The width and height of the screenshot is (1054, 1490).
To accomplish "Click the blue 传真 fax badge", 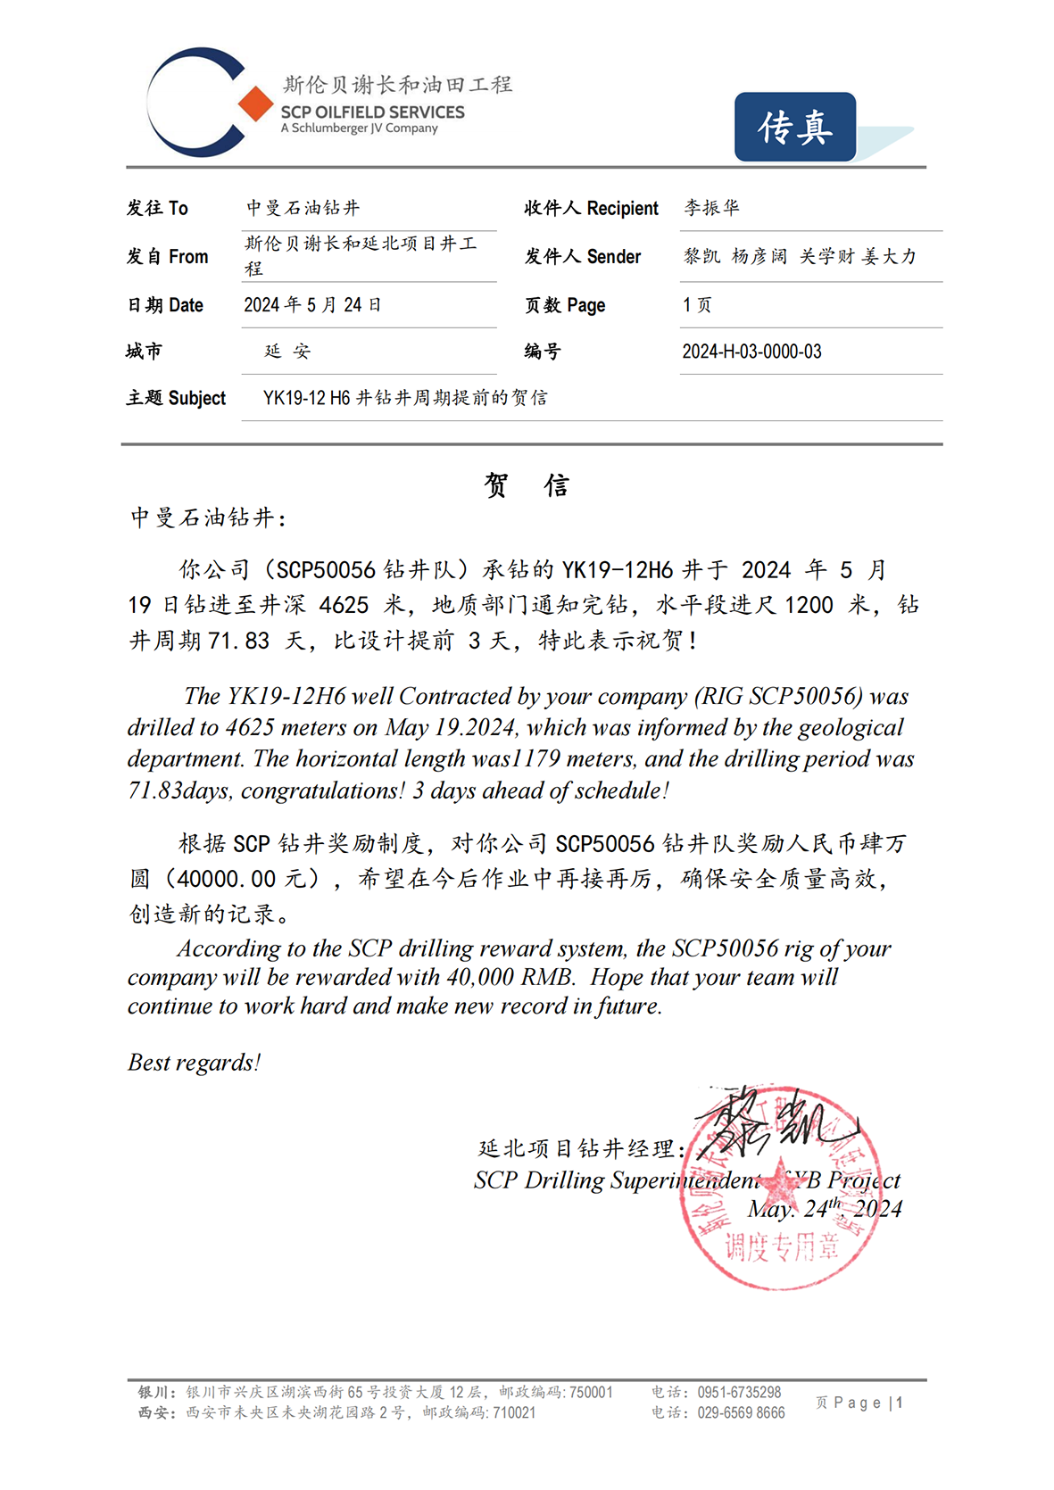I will pyautogui.click(x=795, y=128).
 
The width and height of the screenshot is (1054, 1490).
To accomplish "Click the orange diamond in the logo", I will pyautogui.click(x=255, y=104).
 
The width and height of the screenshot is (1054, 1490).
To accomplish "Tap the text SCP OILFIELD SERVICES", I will pyautogui.click(x=372, y=112).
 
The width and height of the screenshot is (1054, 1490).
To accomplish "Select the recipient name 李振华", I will pyautogui.click(x=711, y=208).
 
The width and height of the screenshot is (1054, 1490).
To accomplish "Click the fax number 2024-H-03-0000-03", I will pyautogui.click(x=751, y=352).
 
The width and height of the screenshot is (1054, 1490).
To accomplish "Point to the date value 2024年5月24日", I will pyautogui.click(x=312, y=305).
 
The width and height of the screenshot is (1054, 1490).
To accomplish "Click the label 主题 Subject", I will pyautogui.click(x=176, y=398).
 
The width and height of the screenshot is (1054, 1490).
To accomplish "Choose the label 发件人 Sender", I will pyautogui.click(x=582, y=257).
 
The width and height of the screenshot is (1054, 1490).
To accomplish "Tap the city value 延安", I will pyautogui.click(x=287, y=352).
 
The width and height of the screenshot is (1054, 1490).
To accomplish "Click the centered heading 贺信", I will pyautogui.click(x=527, y=485).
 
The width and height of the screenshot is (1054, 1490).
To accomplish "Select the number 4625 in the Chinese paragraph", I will pyautogui.click(x=344, y=605).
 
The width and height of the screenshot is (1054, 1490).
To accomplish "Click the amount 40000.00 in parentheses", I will pyautogui.click(x=226, y=879).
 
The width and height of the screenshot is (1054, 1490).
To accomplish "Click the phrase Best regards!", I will pyautogui.click(x=195, y=1063).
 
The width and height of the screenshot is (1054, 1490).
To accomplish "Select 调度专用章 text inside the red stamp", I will pyautogui.click(x=781, y=1246).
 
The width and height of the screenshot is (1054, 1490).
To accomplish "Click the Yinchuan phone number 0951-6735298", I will pyautogui.click(x=739, y=1392).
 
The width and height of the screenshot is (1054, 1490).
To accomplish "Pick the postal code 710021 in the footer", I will pyautogui.click(x=514, y=1412).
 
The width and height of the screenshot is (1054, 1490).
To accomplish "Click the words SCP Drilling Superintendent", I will pyautogui.click(x=616, y=1180).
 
